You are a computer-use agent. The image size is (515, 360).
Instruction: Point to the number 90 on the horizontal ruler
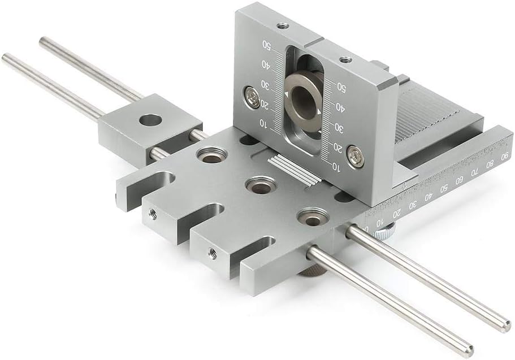[504, 156]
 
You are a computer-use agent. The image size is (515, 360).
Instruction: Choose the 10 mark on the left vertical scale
[263, 122]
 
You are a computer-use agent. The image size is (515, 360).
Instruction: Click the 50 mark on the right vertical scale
[341, 86]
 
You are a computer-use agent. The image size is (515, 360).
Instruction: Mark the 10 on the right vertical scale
[336, 167]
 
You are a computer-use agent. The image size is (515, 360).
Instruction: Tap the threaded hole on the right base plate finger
[212, 253]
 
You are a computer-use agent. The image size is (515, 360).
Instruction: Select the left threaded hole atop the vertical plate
[282, 25]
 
